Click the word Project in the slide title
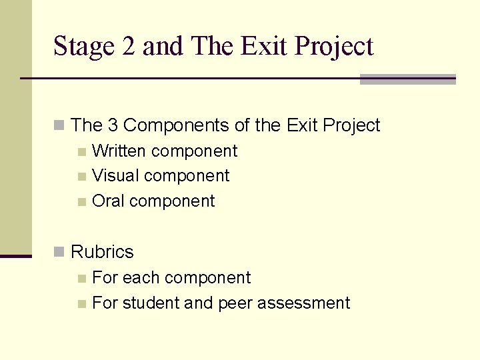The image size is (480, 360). click(x=334, y=47)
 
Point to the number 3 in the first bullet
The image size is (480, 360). click(x=113, y=125)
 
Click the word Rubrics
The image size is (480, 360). click(x=102, y=252)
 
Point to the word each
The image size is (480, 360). click(x=141, y=278)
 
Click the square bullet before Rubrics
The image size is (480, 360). click(x=59, y=252)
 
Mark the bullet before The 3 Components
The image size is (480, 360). click(x=59, y=125)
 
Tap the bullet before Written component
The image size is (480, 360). click(x=81, y=152)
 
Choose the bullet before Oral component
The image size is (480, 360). click(x=81, y=202)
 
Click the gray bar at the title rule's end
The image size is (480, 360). click(x=407, y=79)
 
